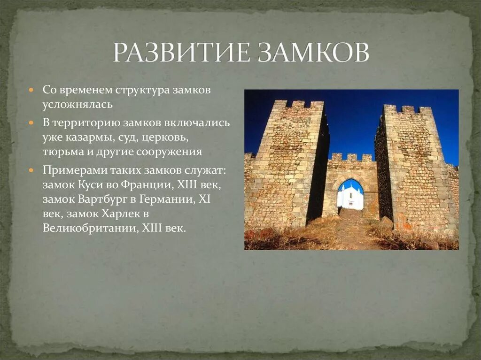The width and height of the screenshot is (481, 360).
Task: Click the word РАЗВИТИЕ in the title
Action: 181,53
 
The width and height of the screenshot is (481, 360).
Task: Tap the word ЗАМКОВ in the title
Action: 313,53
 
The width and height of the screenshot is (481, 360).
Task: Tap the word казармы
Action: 86,139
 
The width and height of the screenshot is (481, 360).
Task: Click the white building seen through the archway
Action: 350,197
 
